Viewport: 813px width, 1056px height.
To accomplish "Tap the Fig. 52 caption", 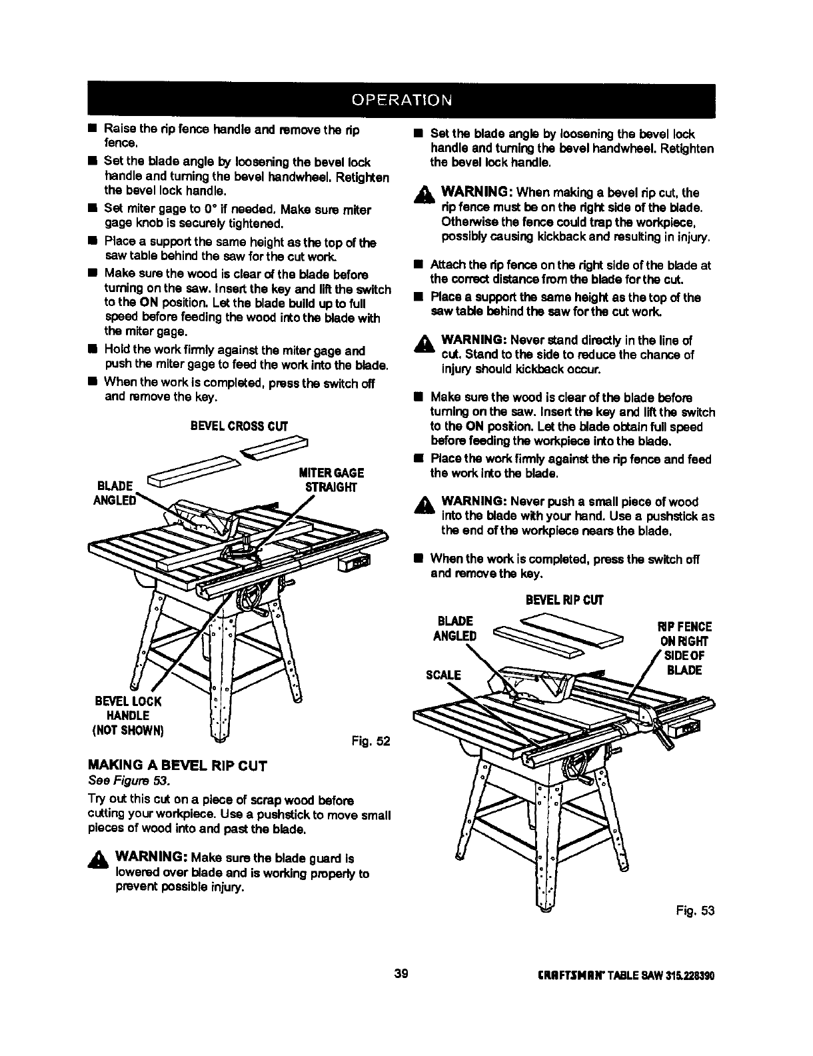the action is (x=370, y=741).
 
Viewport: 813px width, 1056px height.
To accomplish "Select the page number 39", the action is (x=401, y=974).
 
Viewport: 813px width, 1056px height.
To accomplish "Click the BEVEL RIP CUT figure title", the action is (x=563, y=600).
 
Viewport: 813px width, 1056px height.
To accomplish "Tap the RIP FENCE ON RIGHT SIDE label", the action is (x=686, y=648).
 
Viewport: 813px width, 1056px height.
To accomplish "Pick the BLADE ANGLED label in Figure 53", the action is (x=455, y=628).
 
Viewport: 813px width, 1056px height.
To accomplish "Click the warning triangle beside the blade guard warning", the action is (x=101, y=859).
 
